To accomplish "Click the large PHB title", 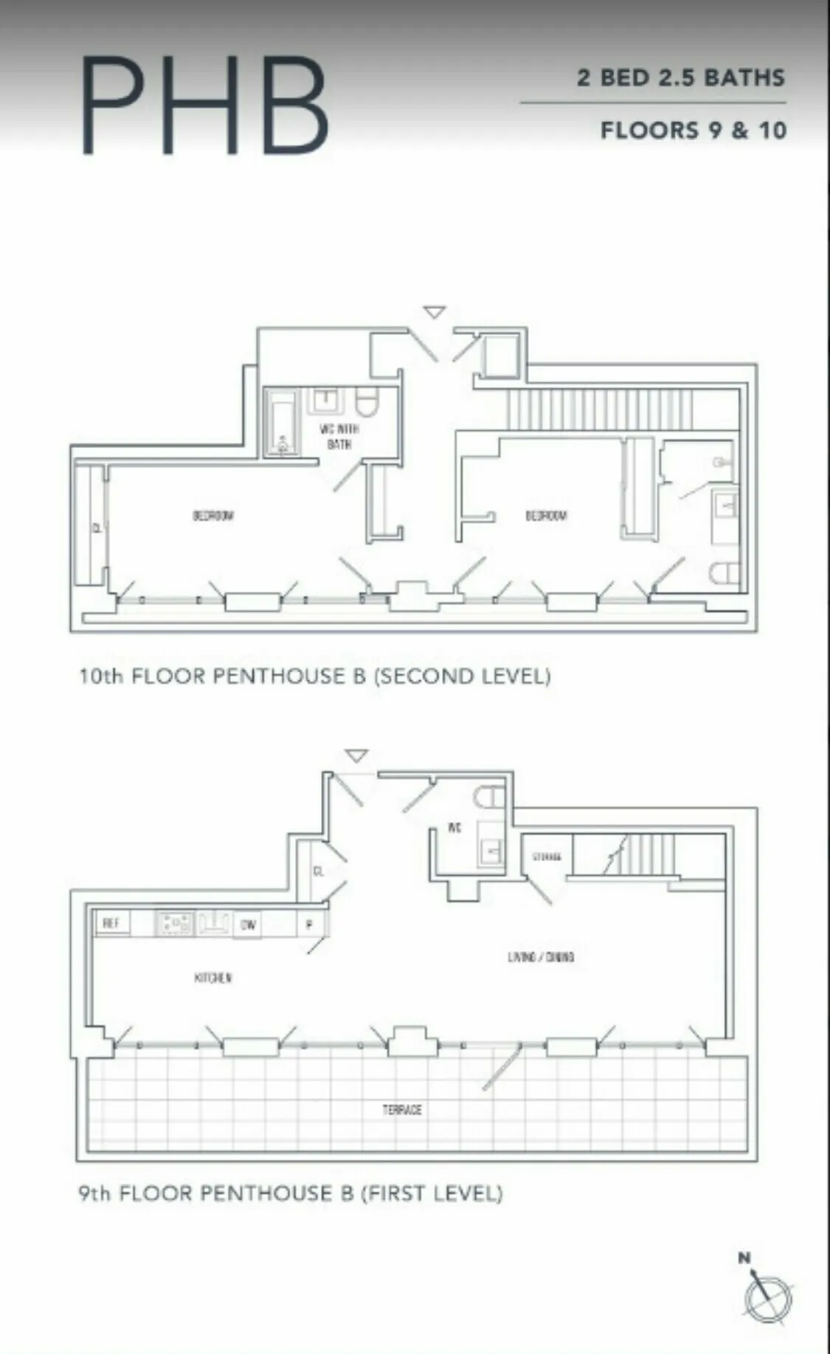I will [205, 105].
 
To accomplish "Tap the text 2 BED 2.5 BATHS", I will [680, 77].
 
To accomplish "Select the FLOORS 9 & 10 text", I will [693, 131].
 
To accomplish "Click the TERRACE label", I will [402, 1110].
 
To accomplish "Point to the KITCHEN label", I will [213, 978].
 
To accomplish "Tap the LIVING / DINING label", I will [541, 957].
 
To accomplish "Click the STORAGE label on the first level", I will [547, 857].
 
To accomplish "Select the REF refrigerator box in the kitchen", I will [111, 923].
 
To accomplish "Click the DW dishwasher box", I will [248, 924].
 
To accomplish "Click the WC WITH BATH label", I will [339, 436].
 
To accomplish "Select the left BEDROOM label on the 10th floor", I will [213, 515].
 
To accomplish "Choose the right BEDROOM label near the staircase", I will [546, 515].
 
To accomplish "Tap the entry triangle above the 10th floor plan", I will [435, 313].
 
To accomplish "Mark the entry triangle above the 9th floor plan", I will [357, 756].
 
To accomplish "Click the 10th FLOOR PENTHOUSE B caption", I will [315, 676].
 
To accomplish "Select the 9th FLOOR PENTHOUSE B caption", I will [291, 1193].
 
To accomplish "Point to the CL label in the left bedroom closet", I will [97, 528].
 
